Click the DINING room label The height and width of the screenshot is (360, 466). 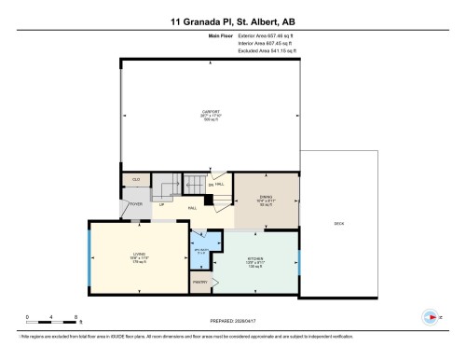tap(266, 199)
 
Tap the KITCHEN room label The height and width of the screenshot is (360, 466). tap(254, 258)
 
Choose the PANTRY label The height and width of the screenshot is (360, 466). tap(199, 282)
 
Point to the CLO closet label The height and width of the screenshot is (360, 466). tap(136, 179)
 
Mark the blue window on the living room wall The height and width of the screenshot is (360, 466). tap(89, 256)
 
